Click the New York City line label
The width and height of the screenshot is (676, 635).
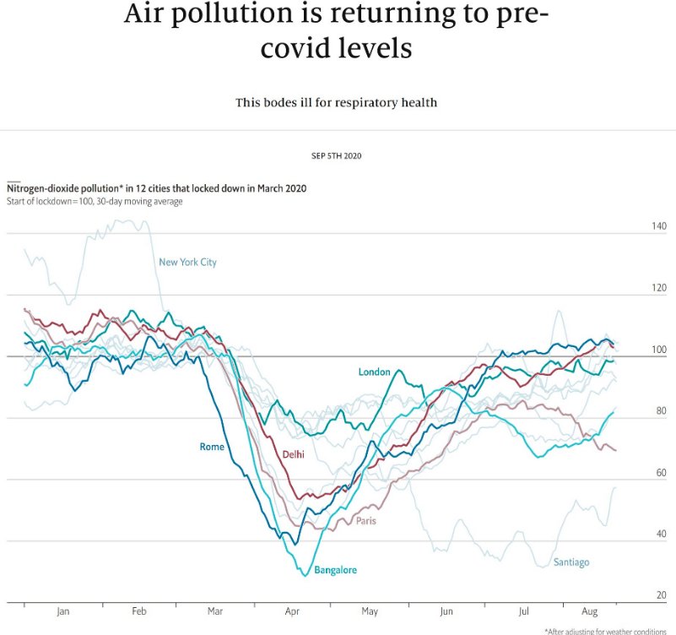click(187, 263)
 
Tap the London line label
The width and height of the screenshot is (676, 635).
click(375, 372)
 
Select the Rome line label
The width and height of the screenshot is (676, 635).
click(212, 447)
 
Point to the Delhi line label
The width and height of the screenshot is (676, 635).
click(294, 454)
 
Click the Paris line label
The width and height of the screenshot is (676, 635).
click(365, 521)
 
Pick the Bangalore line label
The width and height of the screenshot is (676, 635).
click(335, 571)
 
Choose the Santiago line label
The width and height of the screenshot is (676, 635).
click(571, 562)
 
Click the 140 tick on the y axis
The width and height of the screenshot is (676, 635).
click(658, 227)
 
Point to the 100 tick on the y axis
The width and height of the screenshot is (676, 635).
click(658, 350)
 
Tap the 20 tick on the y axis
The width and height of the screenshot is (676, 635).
click(661, 596)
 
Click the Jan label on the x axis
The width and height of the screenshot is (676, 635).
click(63, 612)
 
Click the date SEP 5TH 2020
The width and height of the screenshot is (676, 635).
click(337, 156)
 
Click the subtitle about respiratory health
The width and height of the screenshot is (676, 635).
click(337, 103)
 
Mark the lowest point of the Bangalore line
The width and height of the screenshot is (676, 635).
click(305, 575)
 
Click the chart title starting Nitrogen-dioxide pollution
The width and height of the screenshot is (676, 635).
click(156, 189)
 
